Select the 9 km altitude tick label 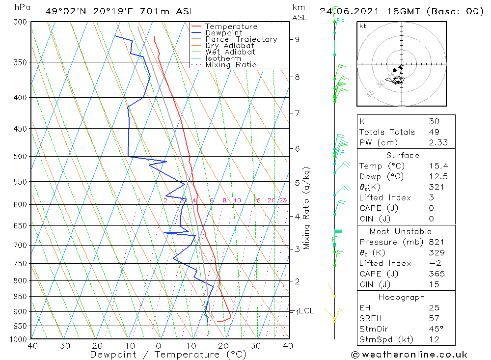[298, 39]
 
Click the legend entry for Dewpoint [223, 33]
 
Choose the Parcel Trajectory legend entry [241, 39]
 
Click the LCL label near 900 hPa [306, 311]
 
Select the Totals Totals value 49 [434, 132]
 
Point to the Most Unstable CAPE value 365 [436, 274]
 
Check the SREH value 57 [434, 319]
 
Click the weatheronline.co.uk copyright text [409, 355]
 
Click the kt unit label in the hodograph [362, 26]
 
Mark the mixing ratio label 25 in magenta [283, 200]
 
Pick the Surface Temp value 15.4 [436, 166]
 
